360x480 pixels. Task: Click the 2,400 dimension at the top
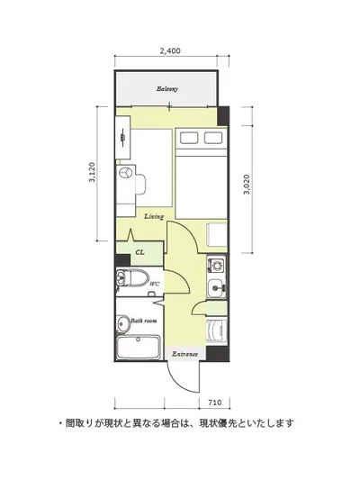point(170,50)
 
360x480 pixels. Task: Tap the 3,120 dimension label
point(92,172)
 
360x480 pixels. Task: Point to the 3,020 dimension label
point(247,185)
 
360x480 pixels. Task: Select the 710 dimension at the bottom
point(215,403)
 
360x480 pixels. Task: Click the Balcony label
point(167,89)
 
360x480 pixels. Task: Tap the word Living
point(154,216)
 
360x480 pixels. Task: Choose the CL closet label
point(140,252)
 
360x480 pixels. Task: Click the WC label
point(155,284)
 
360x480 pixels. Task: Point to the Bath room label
point(144,321)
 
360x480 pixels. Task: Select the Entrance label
point(184,354)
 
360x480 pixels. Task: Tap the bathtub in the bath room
point(139,348)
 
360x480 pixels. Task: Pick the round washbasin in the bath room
point(123,323)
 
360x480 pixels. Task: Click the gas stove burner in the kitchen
point(218,265)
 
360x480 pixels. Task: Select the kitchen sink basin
point(217,287)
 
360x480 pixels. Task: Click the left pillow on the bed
point(189,138)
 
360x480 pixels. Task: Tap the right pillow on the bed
point(213,138)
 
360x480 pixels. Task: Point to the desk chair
point(140,185)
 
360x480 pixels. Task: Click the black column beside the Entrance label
point(218,354)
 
